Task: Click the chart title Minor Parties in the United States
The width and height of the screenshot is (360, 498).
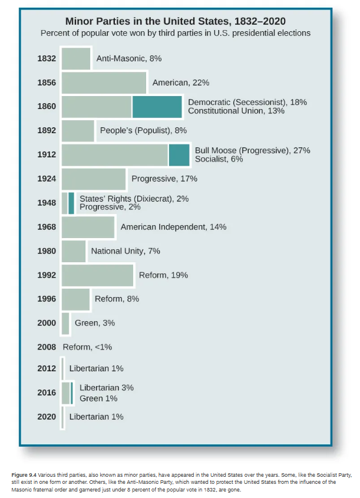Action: [174, 21]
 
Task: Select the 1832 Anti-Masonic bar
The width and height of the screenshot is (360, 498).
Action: [76, 58]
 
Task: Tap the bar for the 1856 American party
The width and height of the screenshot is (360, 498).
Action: [104, 83]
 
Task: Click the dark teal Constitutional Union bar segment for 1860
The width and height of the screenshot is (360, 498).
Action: [157, 107]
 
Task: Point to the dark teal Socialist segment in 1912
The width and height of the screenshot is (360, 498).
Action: [179, 154]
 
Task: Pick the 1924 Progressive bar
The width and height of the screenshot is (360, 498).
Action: [94, 179]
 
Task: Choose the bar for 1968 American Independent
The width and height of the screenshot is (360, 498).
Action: [88, 227]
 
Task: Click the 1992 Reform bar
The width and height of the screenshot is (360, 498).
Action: [97, 275]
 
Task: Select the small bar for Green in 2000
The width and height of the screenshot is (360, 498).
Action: [65, 323]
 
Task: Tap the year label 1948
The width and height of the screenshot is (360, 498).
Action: [47, 203]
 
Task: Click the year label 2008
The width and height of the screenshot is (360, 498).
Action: [47, 347]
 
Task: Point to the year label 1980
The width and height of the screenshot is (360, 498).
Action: [47, 251]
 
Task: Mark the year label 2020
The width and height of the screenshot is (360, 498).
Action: [47, 417]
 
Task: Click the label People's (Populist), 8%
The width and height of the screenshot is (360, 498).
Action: [144, 130]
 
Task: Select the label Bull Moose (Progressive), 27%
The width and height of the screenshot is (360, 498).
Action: [252, 150]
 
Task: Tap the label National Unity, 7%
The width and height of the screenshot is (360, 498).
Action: [125, 251]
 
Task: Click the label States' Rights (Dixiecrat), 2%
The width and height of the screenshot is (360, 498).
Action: [134, 199]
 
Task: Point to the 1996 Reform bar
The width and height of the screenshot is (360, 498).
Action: [75, 299]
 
